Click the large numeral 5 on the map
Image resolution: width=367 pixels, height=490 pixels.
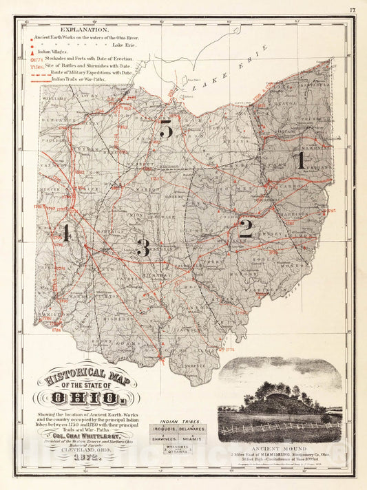(165, 129)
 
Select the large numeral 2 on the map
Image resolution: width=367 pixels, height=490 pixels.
(245, 228)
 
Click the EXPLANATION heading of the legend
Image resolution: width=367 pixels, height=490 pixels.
(83, 30)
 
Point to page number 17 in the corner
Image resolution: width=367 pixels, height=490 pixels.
(352, 10)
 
